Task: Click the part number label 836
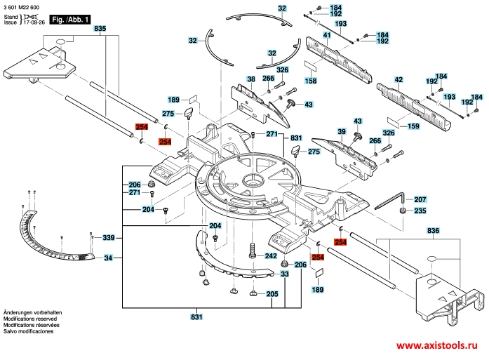tap(433, 231)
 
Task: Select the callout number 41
tap(327, 35)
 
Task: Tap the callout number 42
tap(398, 79)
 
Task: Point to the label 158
tap(309, 81)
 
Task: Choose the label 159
tap(413, 126)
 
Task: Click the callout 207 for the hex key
tap(420, 200)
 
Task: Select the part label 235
tap(420, 211)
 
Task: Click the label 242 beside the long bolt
tap(271, 257)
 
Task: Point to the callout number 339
tap(108, 238)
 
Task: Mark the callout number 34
tap(108, 259)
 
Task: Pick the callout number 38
tap(250, 79)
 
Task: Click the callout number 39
tap(342, 132)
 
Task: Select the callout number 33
tap(285, 274)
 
